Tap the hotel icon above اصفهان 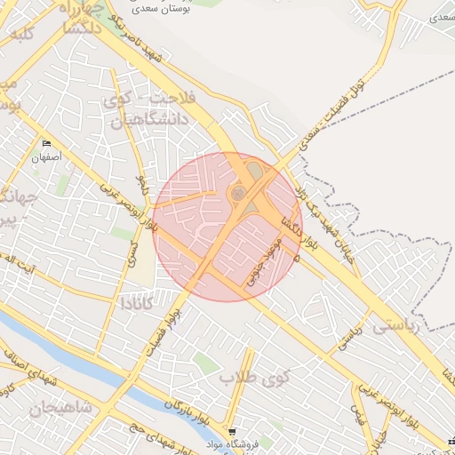(x=46, y=144)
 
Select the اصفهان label (x=45, y=157)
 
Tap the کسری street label (x=133, y=252)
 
